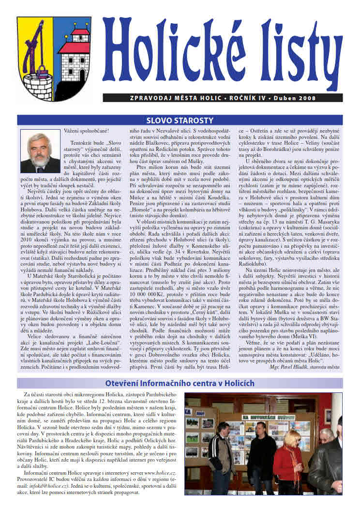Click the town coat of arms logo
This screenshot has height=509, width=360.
54,52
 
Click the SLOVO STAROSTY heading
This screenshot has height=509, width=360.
180,120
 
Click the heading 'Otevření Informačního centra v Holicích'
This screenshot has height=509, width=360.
180,383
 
